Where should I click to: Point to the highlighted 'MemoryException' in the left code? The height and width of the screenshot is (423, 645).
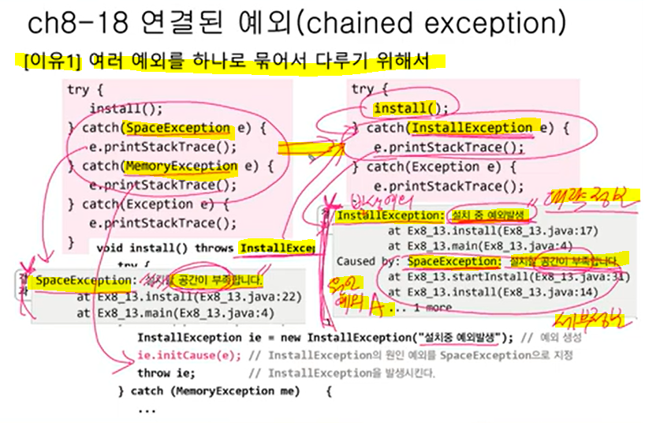point(181,167)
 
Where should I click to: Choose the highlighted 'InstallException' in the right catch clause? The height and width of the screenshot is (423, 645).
point(472,128)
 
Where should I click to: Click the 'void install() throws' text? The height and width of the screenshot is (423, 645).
point(166,248)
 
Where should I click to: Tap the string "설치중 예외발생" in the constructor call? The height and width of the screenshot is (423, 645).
point(464,338)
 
